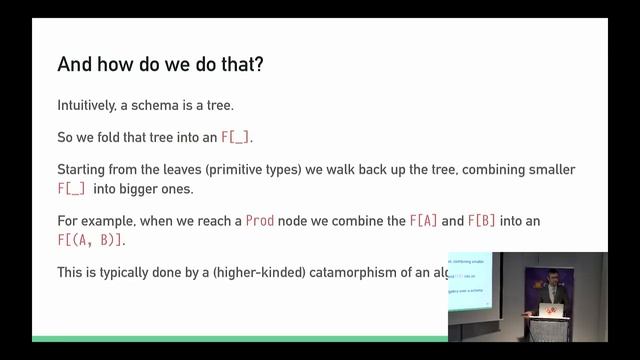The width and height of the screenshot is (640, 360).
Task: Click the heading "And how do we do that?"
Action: tap(161, 65)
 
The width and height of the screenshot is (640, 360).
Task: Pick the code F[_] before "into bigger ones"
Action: tap(71, 188)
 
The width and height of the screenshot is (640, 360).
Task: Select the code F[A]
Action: tap(423, 220)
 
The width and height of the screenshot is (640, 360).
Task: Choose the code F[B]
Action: tap(483, 220)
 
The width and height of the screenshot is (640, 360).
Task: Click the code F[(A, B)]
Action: tap(91, 239)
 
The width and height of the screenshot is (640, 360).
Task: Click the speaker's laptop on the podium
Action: tap(548, 310)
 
